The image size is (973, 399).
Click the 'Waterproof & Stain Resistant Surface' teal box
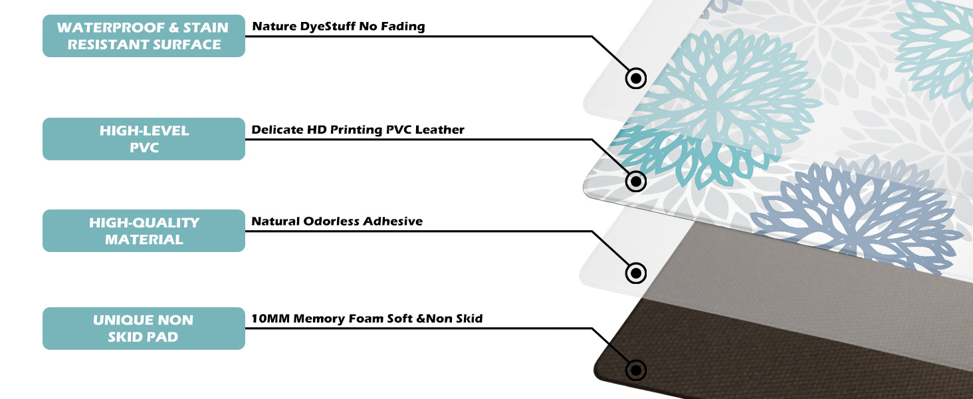click(144, 36)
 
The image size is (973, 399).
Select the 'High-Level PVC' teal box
click(144, 139)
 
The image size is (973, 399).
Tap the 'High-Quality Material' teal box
click(144, 231)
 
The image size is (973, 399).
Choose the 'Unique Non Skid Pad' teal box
click(144, 329)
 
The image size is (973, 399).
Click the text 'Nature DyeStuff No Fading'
click(338, 27)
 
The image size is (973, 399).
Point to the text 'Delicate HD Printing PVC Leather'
click(358, 130)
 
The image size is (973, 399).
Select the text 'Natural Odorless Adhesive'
click(337, 221)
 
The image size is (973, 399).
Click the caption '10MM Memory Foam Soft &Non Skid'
click(367, 319)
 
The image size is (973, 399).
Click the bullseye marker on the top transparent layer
click(636, 78)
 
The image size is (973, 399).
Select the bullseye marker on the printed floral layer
click(636, 180)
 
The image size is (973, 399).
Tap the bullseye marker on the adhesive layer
click(636, 272)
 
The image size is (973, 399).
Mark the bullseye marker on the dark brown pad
click(636, 370)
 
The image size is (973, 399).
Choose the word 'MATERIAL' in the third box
click(144, 239)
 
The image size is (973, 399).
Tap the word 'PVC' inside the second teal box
click(144, 148)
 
